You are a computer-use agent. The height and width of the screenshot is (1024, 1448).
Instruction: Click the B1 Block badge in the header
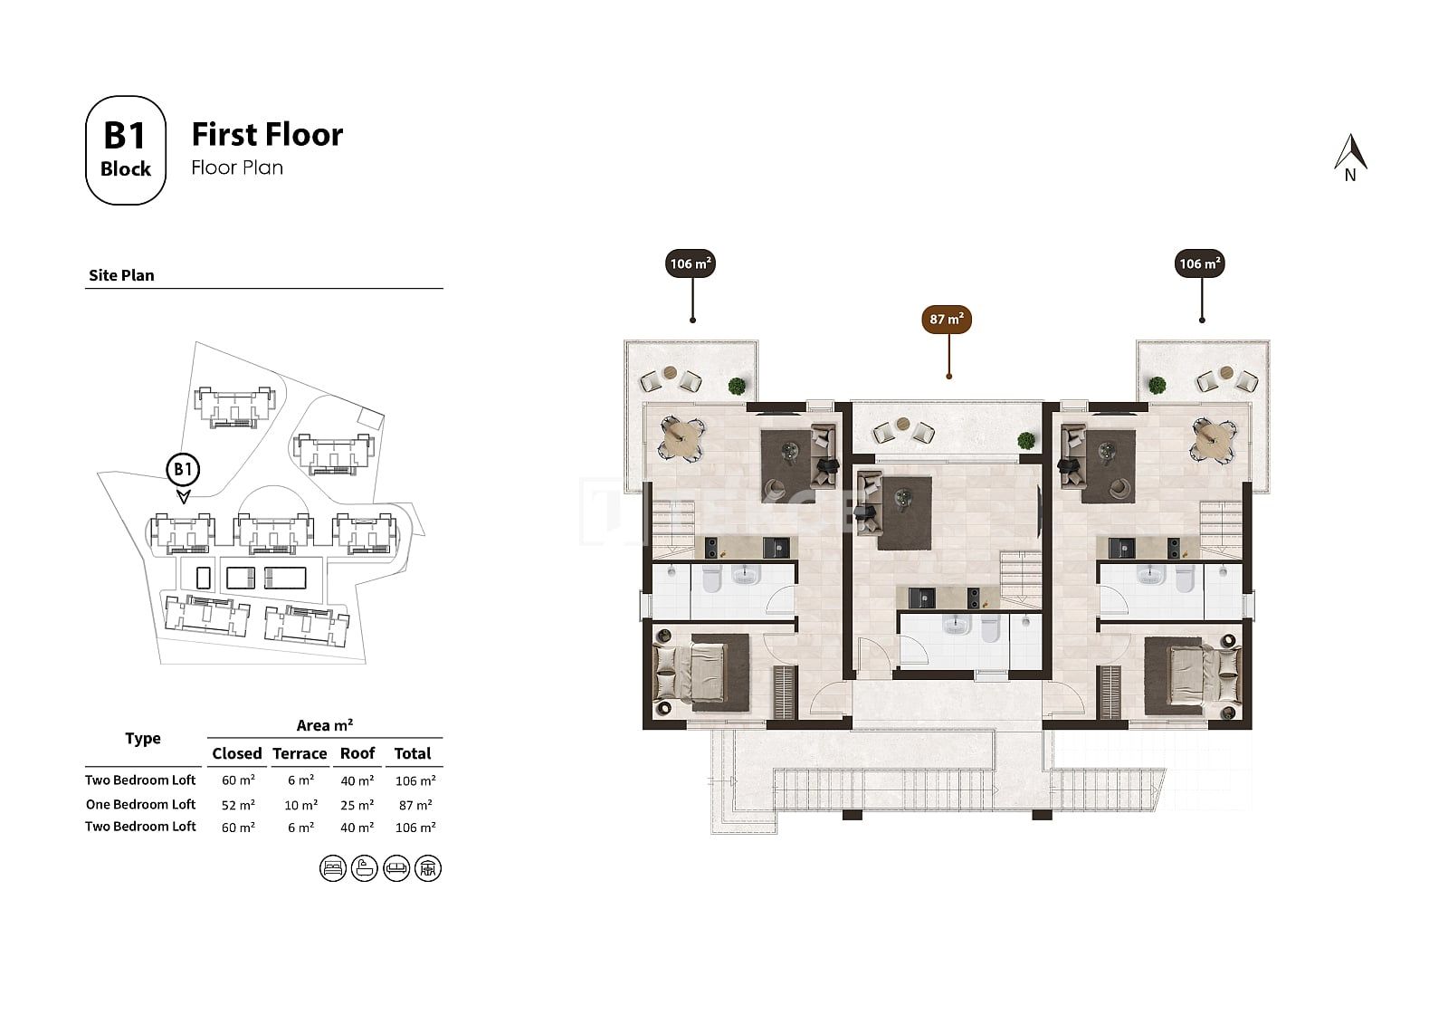coord(126,150)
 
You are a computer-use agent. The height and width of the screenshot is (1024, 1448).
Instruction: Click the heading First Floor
coord(267,135)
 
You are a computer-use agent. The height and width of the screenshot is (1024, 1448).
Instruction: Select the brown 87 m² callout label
coord(947,320)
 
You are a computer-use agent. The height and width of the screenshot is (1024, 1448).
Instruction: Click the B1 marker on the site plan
coord(183,470)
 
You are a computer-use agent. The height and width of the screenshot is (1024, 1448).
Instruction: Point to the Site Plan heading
coord(121,275)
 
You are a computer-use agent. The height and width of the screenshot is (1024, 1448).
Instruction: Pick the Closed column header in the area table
coord(236,753)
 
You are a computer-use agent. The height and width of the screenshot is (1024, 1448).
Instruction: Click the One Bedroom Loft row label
coord(140,804)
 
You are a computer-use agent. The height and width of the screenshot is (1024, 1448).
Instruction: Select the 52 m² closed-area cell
coord(238,806)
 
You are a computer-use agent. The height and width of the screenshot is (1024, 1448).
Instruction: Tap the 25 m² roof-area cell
coord(357,806)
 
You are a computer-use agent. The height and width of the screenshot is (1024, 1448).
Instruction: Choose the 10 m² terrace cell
coord(300,806)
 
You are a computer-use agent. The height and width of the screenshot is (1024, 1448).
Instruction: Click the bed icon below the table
coord(333,868)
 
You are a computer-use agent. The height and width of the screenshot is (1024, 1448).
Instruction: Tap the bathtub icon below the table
coord(365,868)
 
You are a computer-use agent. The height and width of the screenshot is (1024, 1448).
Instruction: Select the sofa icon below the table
coord(396,868)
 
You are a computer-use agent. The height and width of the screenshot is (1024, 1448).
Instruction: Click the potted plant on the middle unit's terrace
coord(1025,441)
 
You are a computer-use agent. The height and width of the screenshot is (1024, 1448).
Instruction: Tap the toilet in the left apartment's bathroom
coord(711,579)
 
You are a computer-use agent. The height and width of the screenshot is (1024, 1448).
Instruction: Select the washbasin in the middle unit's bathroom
coord(954,626)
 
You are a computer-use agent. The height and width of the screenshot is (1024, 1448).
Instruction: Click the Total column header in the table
coord(413,753)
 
